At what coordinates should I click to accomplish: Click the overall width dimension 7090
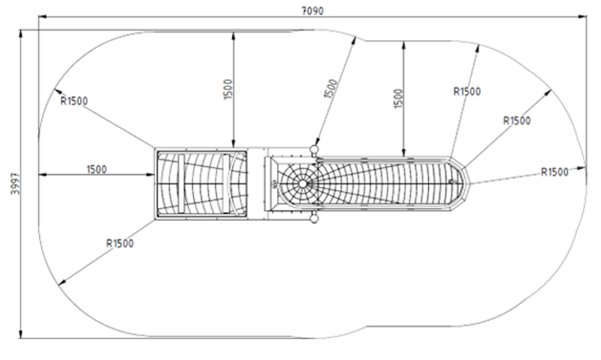[x=313, y=11]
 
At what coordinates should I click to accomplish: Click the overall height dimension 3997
[x=15, y=183]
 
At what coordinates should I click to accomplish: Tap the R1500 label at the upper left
[x=74, y=101]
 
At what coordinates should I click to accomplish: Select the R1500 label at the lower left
[x=120, y=244]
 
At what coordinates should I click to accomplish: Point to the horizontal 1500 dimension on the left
[x=97, y=169]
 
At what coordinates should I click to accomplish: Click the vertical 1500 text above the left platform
[x=228, y=89]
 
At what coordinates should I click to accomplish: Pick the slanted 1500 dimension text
[x=331, y=89]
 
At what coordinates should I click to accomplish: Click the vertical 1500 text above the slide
[x=399, y=98]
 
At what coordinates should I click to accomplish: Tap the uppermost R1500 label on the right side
[x=467, y=91]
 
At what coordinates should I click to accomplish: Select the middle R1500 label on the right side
[x=517, y=121]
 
